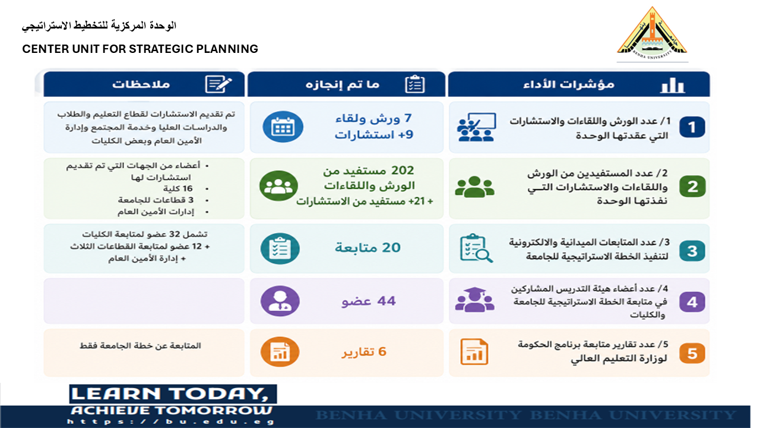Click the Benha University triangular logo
(652, 33)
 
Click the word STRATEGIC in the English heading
(161, 49)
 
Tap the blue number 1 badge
(692, 127)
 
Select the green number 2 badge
(692, 186)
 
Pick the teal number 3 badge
(692, 251)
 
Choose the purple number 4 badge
(692, 301)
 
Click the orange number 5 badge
(692, 353)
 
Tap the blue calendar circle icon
(283, 127)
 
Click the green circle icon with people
(278, 186)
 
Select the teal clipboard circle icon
(280, 248)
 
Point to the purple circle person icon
(280, 301)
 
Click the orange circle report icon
(280, 351)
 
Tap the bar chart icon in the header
(673, 85)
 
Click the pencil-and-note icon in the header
(218, 84)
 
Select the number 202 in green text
(403, 170)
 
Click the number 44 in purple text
(387, 301)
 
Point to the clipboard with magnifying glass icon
(476, 248)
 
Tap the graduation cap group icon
(474, 300)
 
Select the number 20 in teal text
(391, 248)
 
